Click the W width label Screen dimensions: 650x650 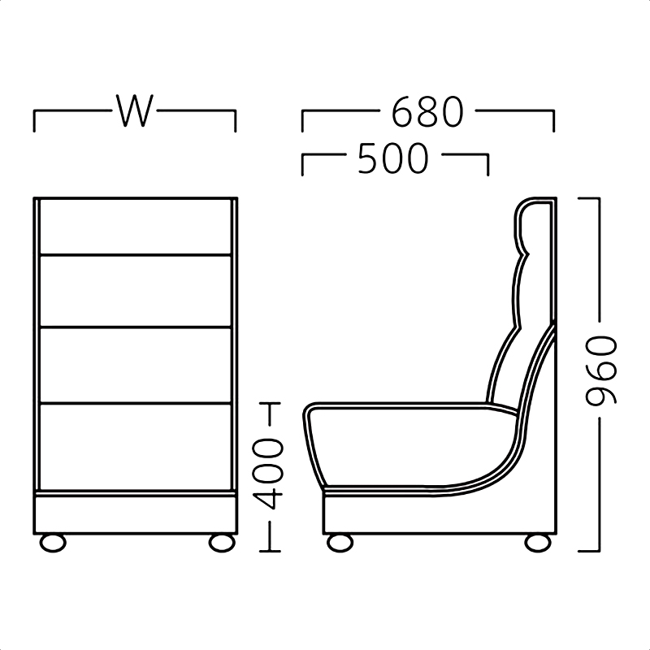point(135,110)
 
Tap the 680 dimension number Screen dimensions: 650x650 point(427,111)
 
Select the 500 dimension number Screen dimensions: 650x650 point(392,158)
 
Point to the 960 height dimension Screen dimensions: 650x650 point(600,370)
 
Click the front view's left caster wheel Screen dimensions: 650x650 point(53,543)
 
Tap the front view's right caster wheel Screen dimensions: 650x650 point(222,543)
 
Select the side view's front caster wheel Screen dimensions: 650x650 point(340,543)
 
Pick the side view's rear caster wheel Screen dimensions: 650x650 point(538,543)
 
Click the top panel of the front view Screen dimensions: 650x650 point(135,227)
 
